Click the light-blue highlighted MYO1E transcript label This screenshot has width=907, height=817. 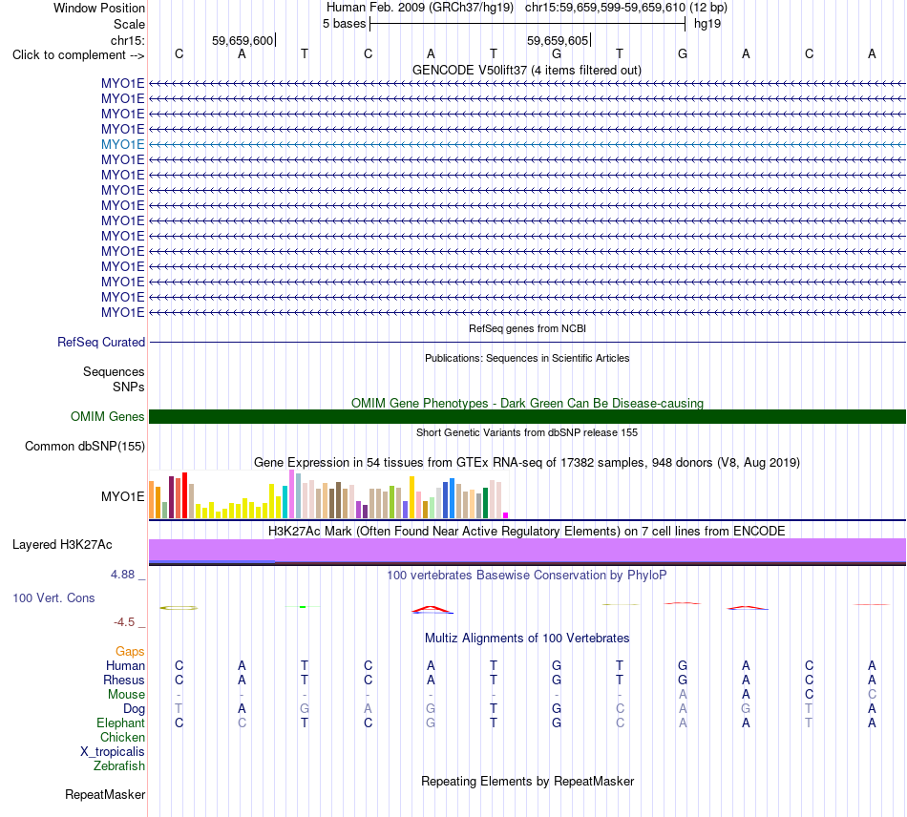(x=122, y=144)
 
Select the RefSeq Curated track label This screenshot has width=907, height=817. (x=101, y=343)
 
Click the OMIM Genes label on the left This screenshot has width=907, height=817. (x=108, y=416)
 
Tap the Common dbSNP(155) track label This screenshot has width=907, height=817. (x=85, y=447)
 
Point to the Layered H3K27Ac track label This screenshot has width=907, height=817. (x=62, y=545)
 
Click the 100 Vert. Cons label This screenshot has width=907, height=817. (x=53, y=597)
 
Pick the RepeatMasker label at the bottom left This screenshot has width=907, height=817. (x=105, y=794)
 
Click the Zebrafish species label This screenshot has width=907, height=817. (x=119, y=766)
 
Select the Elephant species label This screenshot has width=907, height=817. (x=121, y=723)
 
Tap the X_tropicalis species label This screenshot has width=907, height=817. (x=113, y=752)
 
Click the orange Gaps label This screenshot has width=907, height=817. (x=130, y=652)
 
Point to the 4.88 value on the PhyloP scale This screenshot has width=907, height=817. (x=122, y=575)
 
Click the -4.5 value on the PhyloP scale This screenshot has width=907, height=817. (x=124, y=622)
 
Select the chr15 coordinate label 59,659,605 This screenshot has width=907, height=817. (x=558, y=40)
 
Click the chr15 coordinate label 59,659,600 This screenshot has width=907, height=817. (x=243, y=40)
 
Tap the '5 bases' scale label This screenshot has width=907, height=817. (x=344, y=24)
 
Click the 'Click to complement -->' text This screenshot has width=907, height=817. (x=78, y=55)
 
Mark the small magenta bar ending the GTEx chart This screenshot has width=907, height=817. (x=506, y=515)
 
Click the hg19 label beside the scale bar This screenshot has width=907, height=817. (x=707, y=24)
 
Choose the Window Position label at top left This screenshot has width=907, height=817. (x=99, y=8)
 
